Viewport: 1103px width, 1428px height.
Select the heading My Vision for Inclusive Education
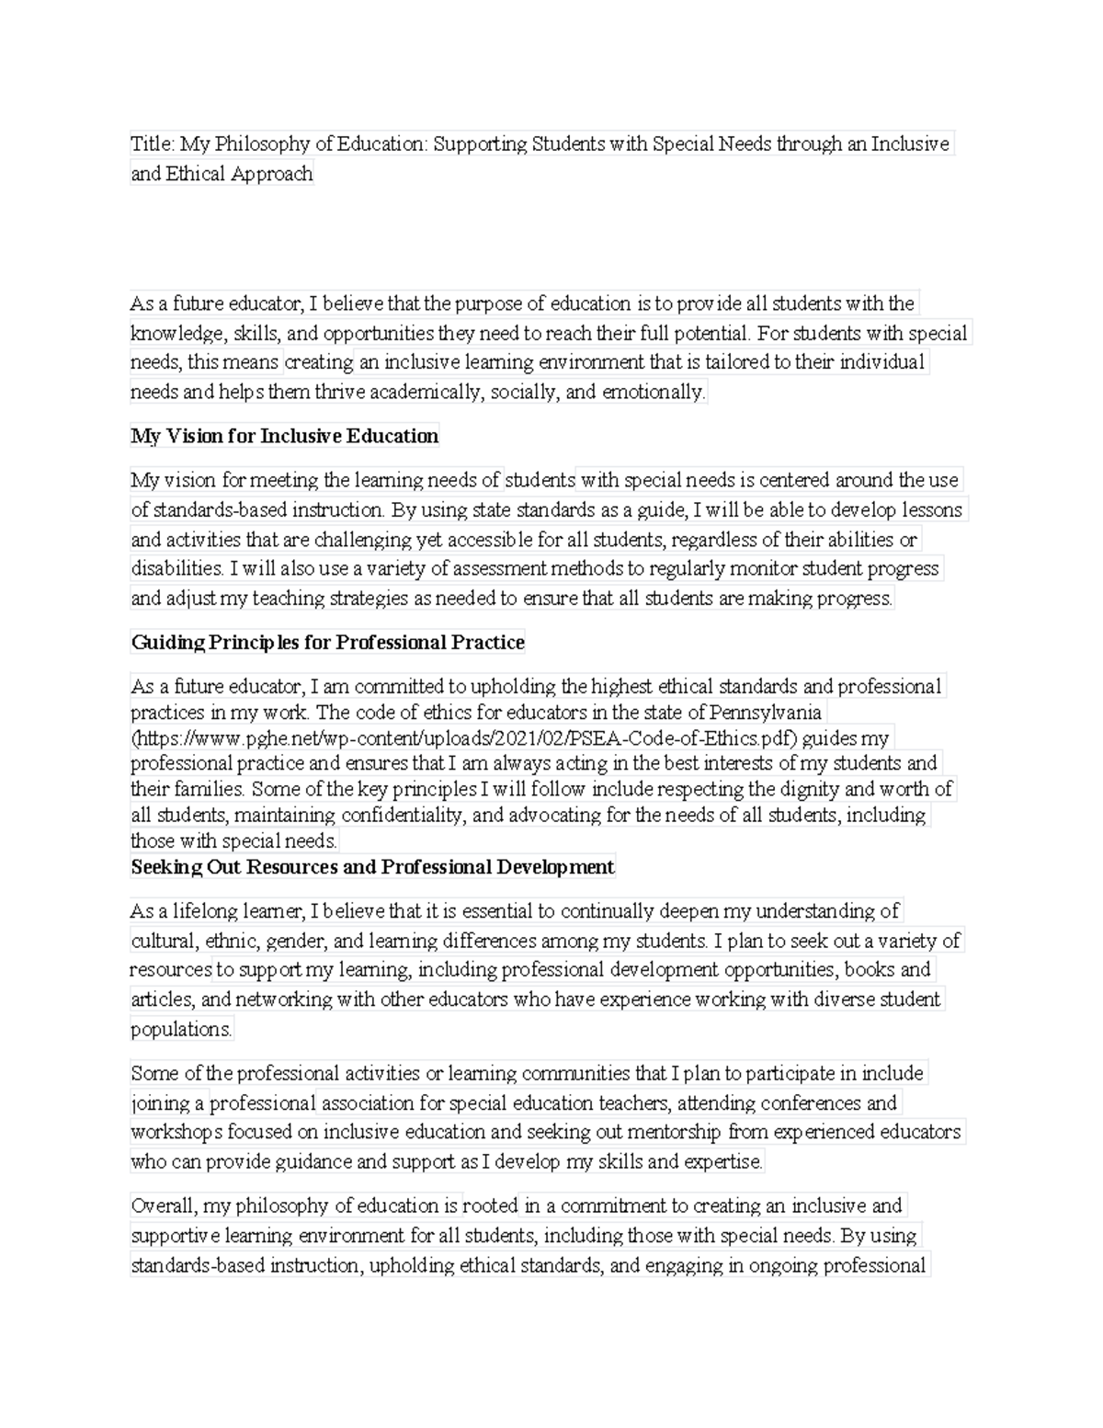click(284, 436)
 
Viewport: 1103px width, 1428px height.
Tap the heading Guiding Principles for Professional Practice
click(327, 642)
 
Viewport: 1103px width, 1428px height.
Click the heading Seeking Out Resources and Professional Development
click(372, 866)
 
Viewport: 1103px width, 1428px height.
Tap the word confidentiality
click(402, 815)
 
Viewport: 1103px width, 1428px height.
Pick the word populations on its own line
click(181, 1029)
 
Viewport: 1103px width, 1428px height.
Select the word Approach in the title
click(272, 173)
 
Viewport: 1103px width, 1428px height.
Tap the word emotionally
click(653, 392)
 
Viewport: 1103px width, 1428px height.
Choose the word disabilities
click(171, 568)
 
